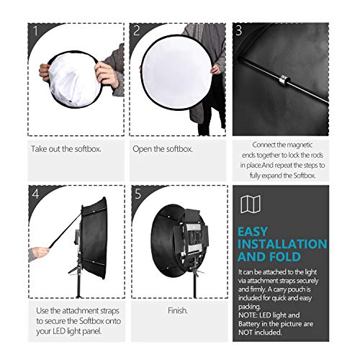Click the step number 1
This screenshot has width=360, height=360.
(35, 31)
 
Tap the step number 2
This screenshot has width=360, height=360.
(137, 30)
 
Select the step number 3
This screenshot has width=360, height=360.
(239, 30)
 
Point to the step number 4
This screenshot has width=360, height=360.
(35, 194)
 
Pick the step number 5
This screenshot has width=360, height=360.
(138, 194)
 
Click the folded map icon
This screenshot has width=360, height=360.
(251, 204)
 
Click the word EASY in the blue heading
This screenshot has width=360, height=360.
(253, 232)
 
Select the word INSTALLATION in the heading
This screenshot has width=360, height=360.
(282, 244)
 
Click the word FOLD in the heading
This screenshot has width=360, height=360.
(286, 256)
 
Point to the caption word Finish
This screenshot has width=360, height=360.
(178, 310)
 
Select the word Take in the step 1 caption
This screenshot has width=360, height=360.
(39, 149)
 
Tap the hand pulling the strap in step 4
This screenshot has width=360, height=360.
(40, 253)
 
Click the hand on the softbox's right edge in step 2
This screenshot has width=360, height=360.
(215, 69)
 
